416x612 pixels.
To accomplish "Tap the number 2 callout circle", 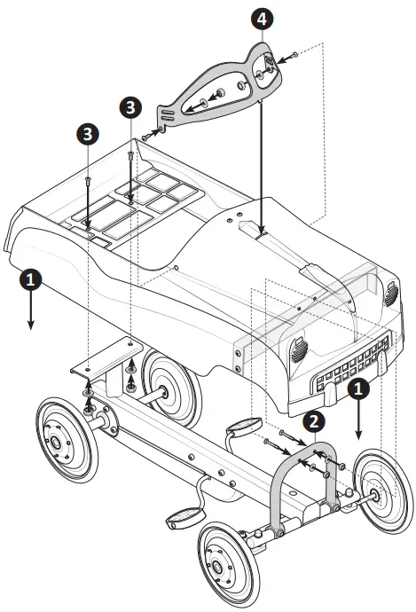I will [312, 421].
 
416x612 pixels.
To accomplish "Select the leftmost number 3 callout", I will [88, 134].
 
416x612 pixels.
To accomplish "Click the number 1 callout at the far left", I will [30, 279].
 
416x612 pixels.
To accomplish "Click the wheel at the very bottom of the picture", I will [224, 568].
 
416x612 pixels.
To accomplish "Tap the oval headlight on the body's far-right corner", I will [390, 296].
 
